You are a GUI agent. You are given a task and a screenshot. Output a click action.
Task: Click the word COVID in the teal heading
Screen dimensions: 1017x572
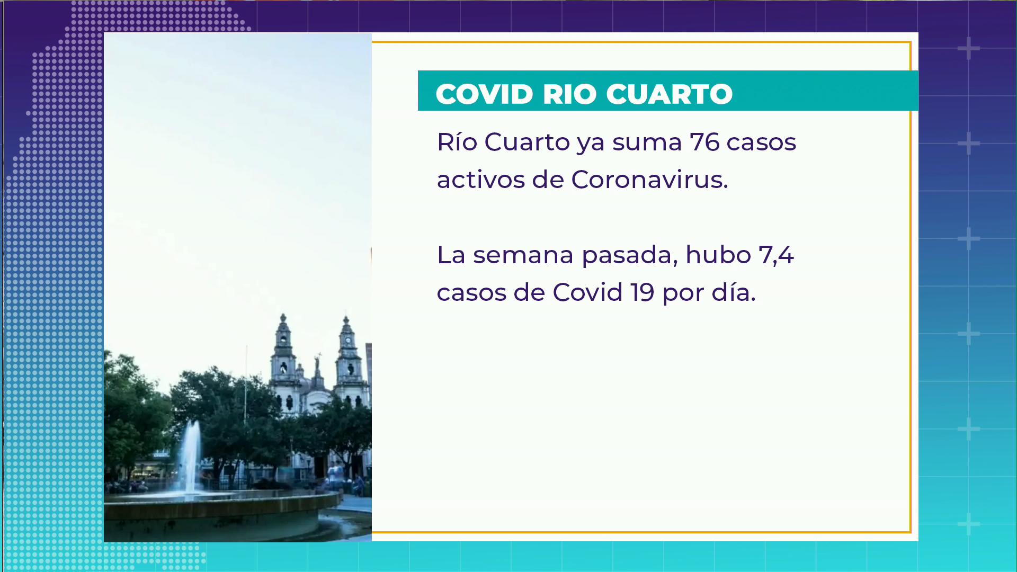click(x=484, y=94)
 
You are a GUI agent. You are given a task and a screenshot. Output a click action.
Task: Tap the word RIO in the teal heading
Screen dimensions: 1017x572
click(x=569, y=94)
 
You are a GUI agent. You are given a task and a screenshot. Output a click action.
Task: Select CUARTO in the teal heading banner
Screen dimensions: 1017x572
click(x=670, y=94)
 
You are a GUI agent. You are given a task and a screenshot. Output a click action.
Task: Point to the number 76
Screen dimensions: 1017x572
click(x=704, y=142)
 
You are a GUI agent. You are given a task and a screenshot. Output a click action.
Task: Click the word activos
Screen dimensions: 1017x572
click(x=480, y=180)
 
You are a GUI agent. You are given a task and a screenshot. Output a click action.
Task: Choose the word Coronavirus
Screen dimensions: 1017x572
click(x=649, y=180)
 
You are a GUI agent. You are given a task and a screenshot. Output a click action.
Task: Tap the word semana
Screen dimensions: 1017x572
click(x=523, y=255)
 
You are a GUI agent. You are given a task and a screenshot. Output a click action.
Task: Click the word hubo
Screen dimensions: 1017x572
click(x=718, y=255)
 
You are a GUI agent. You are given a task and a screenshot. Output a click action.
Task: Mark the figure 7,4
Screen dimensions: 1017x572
click(x=776, y=256)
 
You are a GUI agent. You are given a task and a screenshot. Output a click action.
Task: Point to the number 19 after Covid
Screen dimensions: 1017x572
click(x=642, y=292)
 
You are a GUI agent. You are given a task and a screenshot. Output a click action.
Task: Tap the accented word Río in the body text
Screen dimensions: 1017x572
click(x=457, y=141)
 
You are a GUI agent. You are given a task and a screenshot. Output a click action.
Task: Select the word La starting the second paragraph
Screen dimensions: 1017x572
click(x=451, y=255)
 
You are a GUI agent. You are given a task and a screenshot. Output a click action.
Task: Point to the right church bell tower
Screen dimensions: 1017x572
click(x=348, y=360)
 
